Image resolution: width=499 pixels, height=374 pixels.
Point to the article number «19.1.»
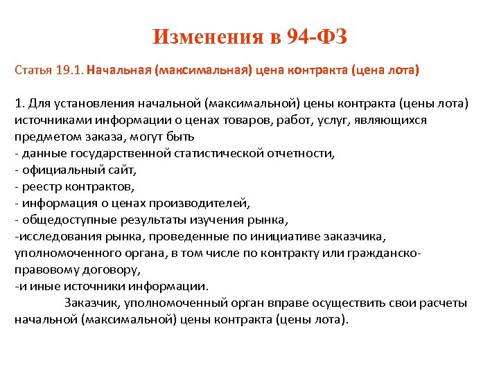click(70, 71)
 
